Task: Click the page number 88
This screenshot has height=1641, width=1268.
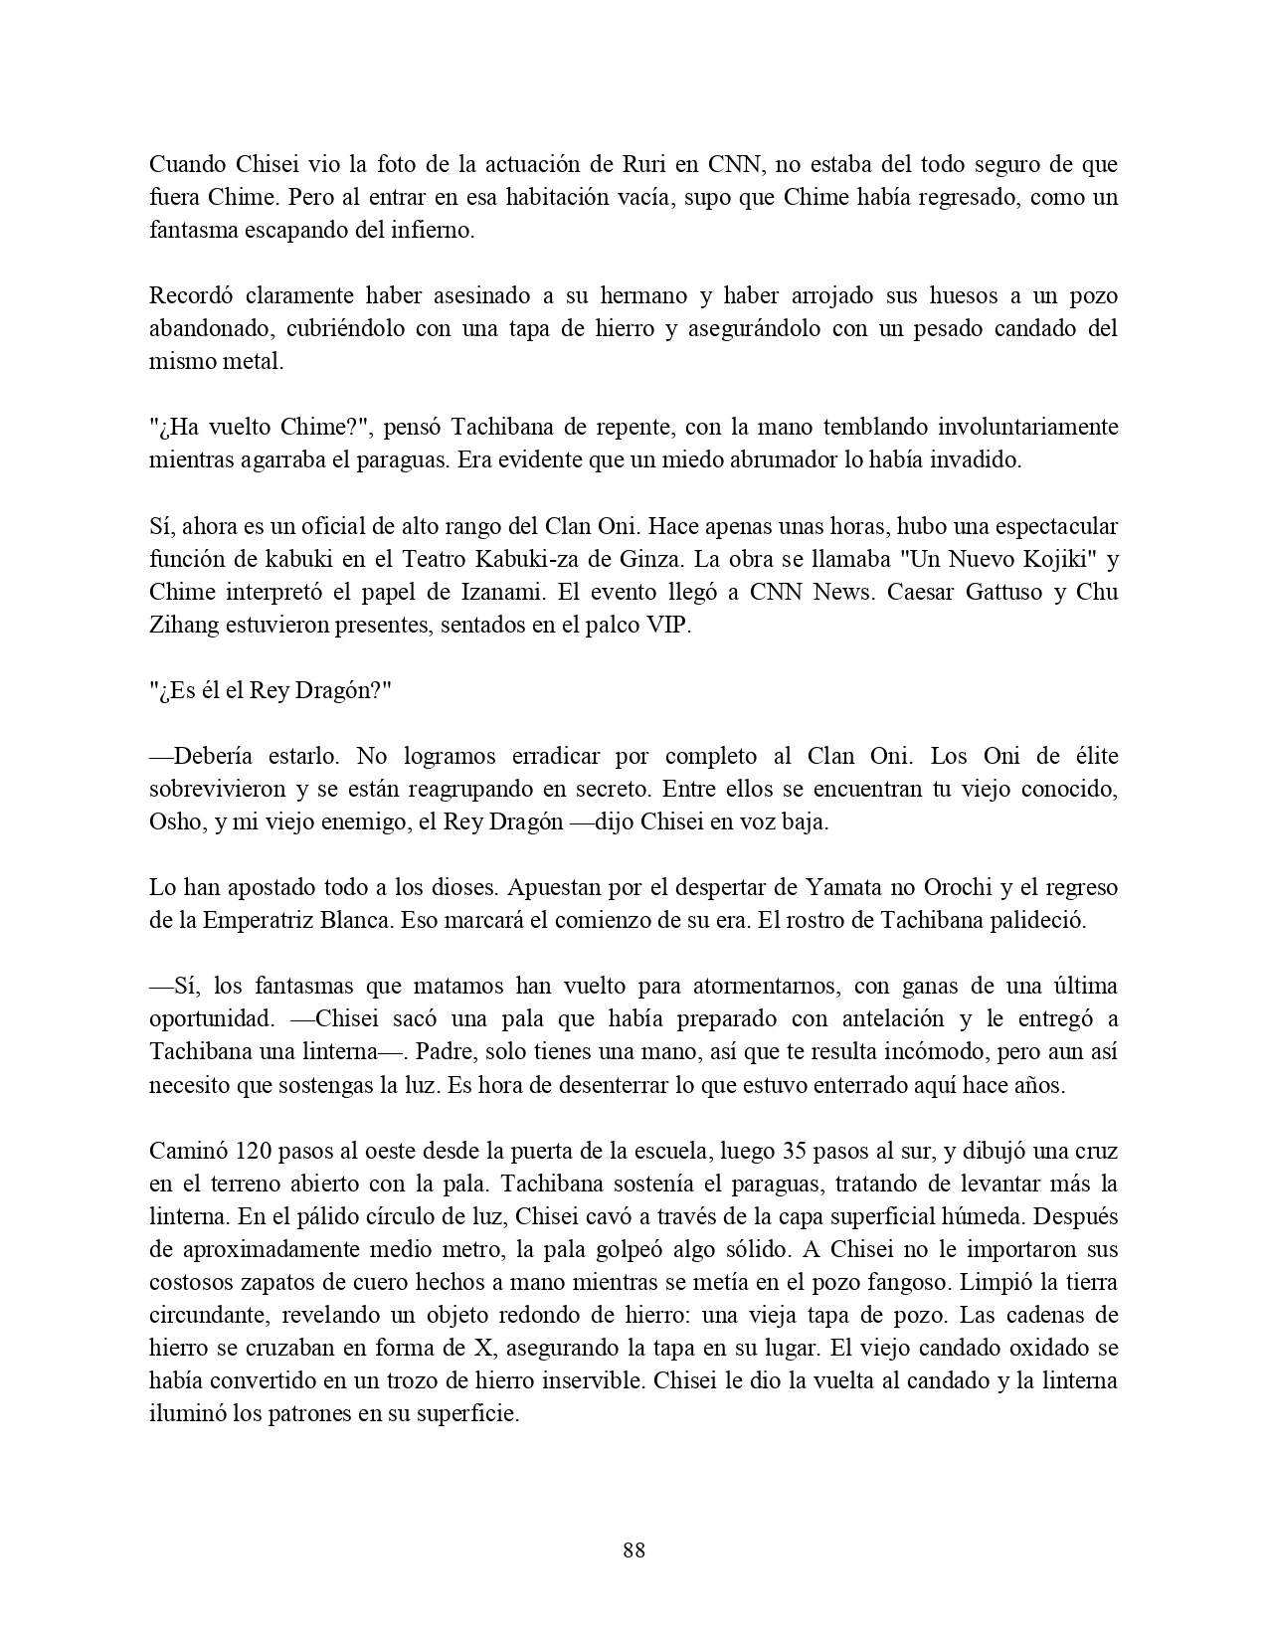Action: (634, 1550)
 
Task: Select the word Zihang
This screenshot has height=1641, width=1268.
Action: (181, 625)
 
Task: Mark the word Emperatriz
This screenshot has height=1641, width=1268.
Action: (263, 920)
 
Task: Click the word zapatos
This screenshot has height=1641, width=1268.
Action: (265, 1283)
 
